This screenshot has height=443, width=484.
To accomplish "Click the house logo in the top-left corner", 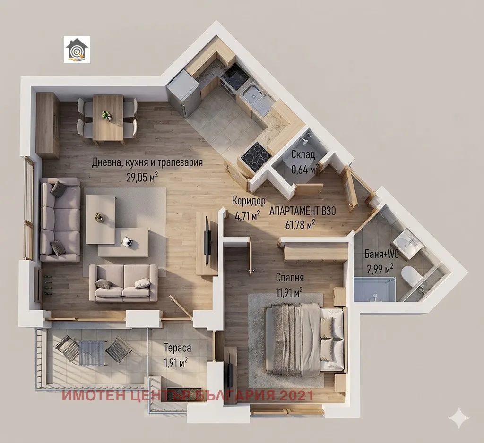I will [77, 50].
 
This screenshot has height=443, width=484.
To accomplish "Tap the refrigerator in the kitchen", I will [183, 94].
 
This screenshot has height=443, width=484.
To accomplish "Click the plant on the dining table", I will [107, 115].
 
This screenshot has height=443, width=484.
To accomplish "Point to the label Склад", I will [303, 154].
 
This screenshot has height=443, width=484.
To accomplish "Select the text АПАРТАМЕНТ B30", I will [302, 212].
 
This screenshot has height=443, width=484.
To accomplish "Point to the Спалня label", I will [290, 277].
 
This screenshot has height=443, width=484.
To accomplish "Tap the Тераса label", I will [177, 349].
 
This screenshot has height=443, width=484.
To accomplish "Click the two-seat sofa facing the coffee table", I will [123, 283].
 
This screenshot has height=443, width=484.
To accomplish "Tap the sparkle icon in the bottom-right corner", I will [459, 418].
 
